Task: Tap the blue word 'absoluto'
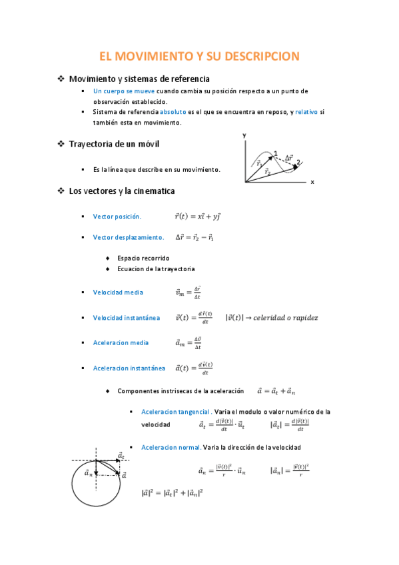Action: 173,112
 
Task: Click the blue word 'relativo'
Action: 306,112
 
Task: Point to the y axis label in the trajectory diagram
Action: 244,135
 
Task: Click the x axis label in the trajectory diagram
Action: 312,182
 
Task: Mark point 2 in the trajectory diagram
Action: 298,162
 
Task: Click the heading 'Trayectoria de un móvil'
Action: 114,144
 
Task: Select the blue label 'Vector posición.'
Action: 117,217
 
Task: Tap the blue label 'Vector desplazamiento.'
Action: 129,237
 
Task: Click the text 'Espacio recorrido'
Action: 143,258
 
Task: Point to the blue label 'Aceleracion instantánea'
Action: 129,368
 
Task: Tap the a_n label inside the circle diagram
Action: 89,473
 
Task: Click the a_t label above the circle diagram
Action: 121,455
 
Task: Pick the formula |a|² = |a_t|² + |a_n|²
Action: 172,494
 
